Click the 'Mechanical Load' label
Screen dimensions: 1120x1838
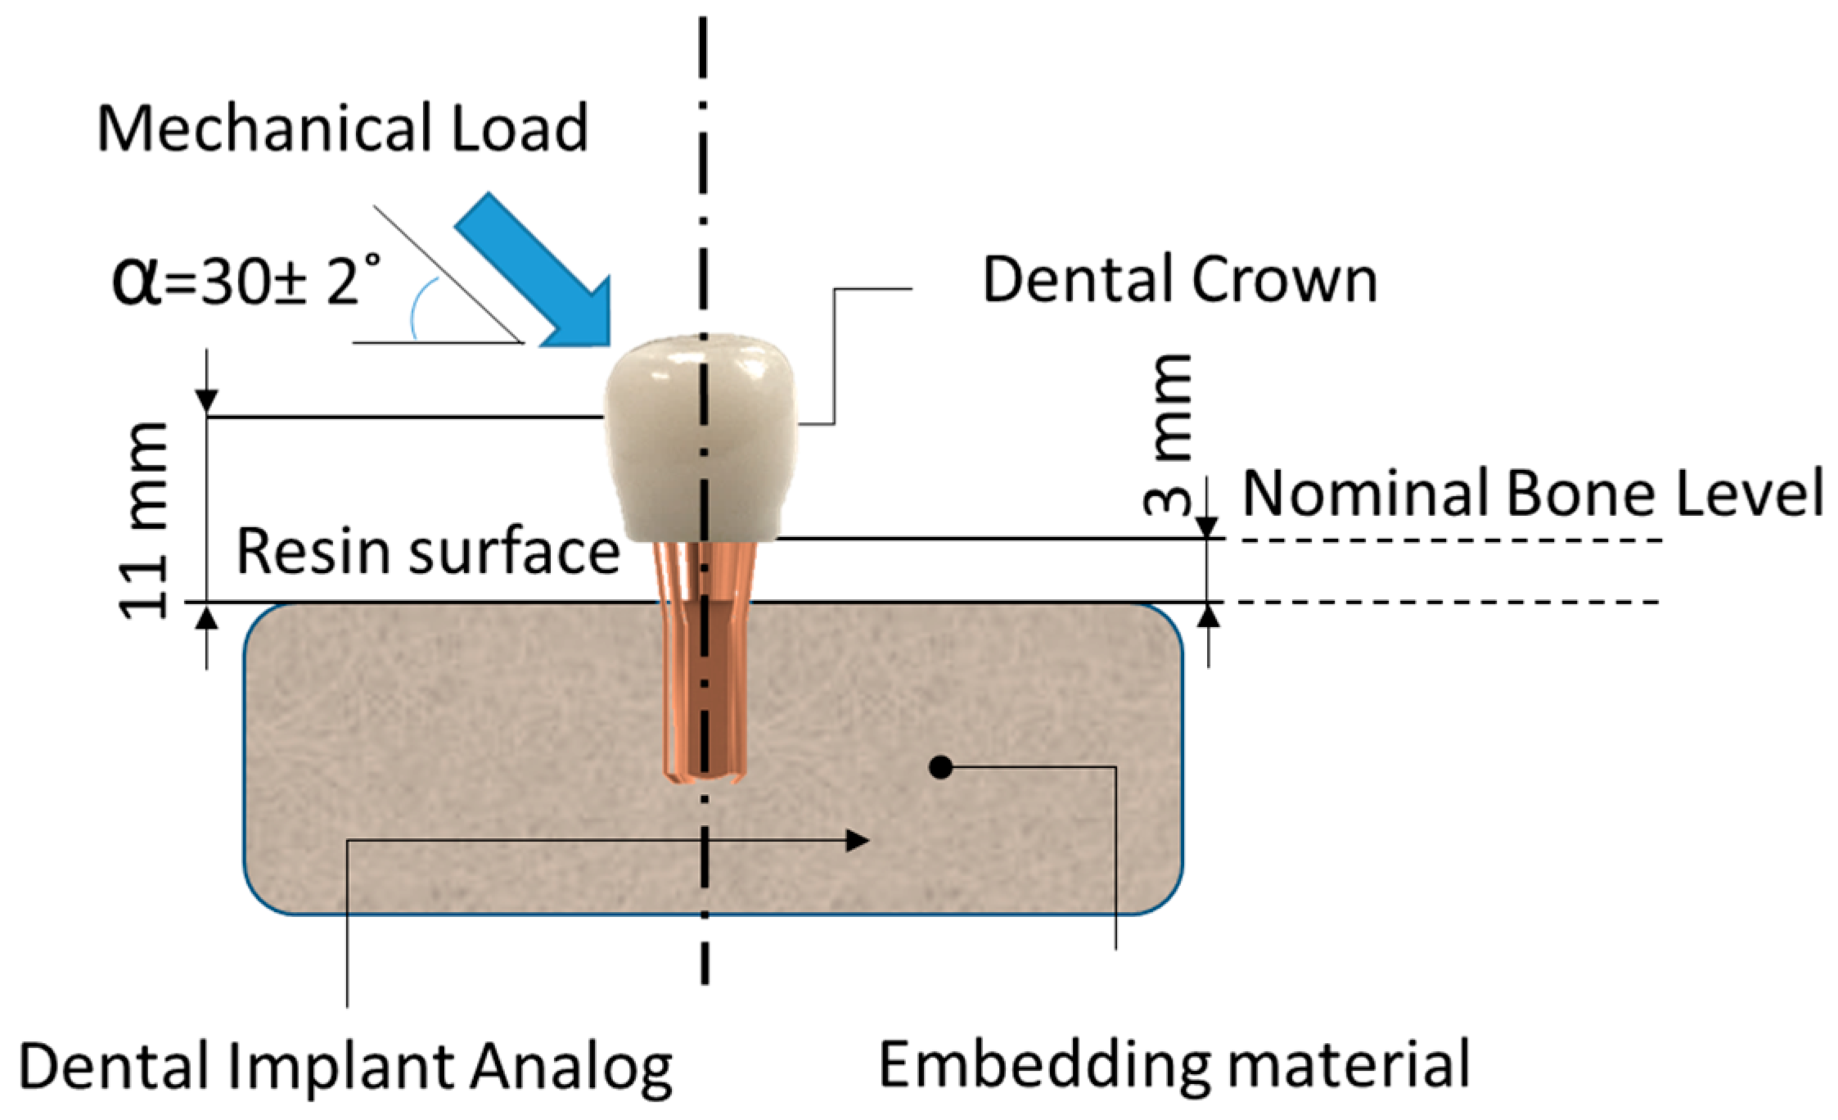point(343,129)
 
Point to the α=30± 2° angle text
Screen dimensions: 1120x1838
point(246,281)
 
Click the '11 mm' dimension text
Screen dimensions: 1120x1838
point(145,521)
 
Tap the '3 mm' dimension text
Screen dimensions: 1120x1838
point(1169,434)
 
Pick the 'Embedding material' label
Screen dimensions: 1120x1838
point(1174,1064)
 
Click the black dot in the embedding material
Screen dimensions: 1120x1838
point(941,767)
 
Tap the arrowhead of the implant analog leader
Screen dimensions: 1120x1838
point(857,840)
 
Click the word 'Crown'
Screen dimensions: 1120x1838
point(1285,281)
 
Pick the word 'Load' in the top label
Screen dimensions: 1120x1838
point(520,129)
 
